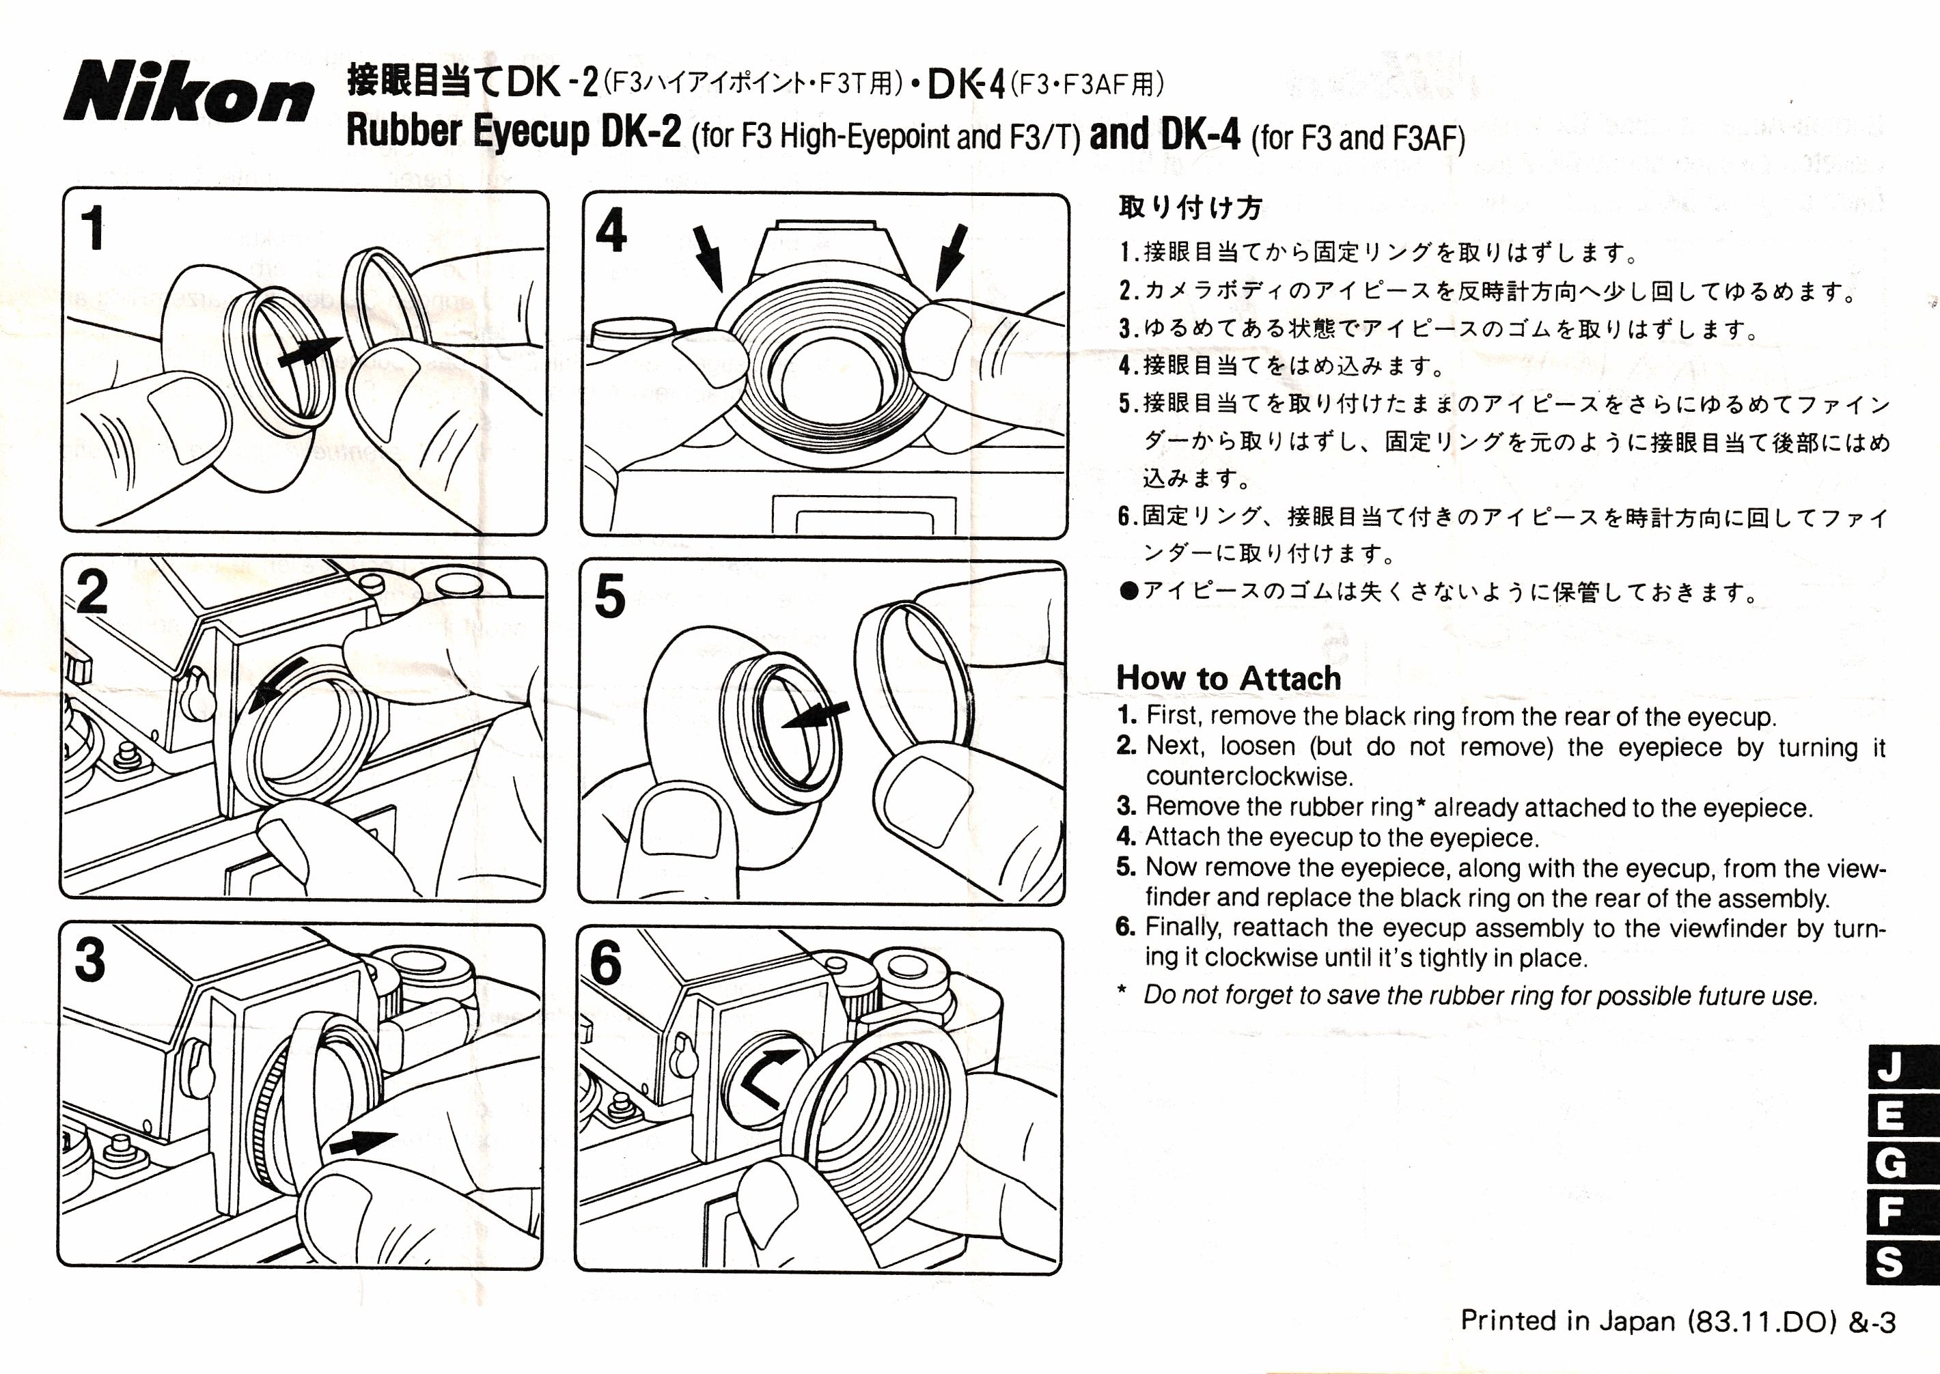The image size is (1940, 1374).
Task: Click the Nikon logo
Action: [188, 92]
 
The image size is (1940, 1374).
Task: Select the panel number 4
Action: [611, 230]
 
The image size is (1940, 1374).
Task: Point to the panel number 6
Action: [606, 963]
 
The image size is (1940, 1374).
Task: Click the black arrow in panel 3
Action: [362, 1143]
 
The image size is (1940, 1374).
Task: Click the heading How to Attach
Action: [1228, 677]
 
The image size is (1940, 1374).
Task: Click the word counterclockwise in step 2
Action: [1249, 776]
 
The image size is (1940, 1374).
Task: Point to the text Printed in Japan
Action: [1567, 1321]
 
